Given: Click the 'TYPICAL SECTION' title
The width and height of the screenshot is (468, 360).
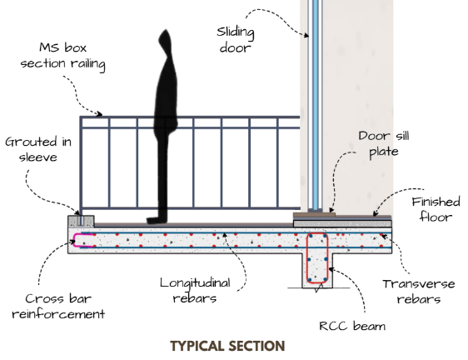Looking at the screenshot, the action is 227,346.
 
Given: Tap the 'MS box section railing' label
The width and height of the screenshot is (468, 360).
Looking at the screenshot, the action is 63,56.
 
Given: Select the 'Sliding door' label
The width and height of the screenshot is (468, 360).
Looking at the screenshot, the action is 236,39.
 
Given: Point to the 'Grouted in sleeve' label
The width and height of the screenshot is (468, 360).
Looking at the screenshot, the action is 38,149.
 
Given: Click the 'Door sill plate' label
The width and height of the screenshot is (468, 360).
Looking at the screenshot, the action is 384,144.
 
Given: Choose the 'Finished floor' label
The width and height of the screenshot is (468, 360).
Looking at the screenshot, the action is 436,209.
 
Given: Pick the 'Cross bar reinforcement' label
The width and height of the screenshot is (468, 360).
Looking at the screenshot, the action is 58,306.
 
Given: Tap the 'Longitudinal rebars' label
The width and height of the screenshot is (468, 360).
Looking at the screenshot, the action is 195,290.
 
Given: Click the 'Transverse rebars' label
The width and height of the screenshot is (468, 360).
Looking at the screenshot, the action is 419,292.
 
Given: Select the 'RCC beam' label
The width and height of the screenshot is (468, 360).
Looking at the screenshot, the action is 352,326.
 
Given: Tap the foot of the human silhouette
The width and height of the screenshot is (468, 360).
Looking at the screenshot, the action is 155,221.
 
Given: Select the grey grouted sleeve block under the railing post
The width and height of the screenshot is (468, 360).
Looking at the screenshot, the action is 81,222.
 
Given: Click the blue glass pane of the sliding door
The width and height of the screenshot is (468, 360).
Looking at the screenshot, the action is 315,104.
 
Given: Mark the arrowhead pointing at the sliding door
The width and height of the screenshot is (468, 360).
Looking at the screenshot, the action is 306,35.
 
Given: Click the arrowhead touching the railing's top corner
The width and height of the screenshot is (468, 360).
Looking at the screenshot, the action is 99,113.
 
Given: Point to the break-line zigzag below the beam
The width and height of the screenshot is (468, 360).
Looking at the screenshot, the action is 319,288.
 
